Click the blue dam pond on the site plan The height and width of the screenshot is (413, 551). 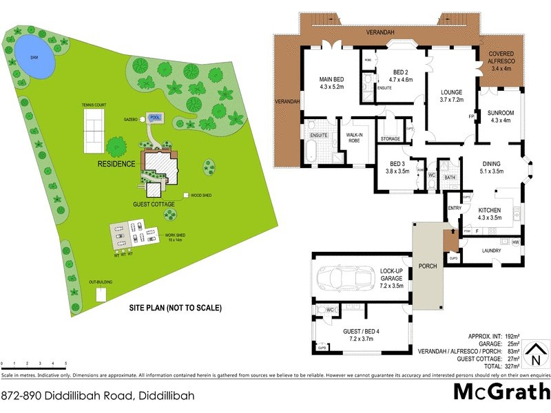pyautogui.click(x=34, y=56)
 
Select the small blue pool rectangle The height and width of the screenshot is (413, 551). pyautogui.click(x=156, y=116)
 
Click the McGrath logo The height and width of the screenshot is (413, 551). pyautogui.click(x=501, y=392)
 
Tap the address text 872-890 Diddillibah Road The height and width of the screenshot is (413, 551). pyautogui.click(x=98, y=396)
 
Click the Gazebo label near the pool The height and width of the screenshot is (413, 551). pyautogui.click(x=132, y=119)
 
